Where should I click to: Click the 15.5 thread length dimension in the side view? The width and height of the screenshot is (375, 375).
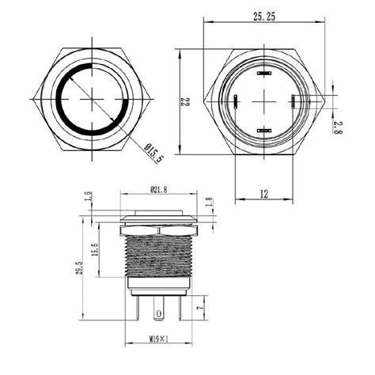point(95,252)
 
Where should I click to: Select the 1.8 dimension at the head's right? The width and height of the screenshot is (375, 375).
point(209,203)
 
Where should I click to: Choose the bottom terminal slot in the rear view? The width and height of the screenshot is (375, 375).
point(264,129)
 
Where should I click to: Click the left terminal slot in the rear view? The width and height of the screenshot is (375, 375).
point(236,100)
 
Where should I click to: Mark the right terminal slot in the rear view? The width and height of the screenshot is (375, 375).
point(293,100)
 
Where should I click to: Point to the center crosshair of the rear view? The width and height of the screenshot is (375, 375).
point(264,100)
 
